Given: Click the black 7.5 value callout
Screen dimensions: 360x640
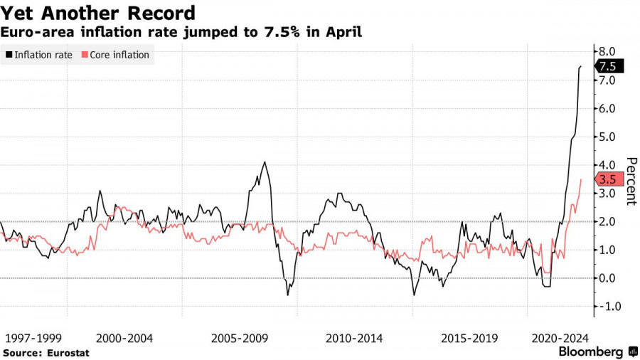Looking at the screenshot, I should (609, 66).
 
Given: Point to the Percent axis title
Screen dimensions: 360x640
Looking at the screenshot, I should (630, 181).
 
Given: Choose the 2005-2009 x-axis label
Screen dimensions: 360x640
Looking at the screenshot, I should (240, 339).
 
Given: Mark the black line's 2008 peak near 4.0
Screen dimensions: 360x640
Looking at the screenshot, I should (265, 162).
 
